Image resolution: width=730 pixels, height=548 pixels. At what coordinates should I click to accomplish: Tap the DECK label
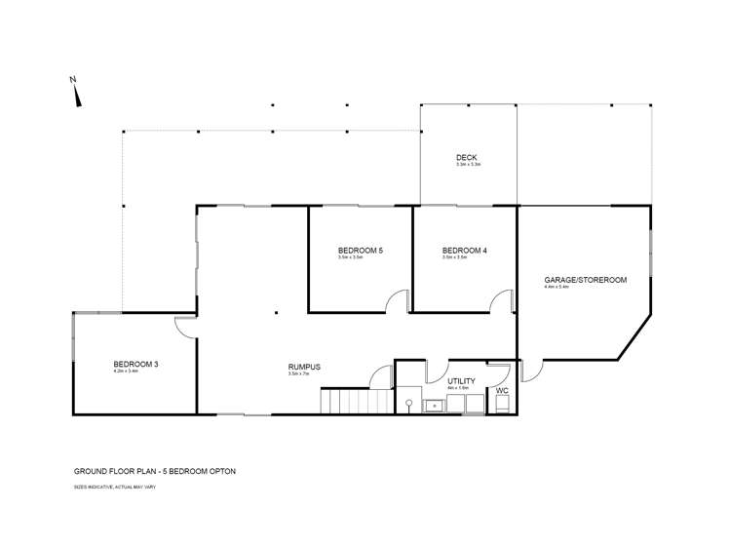467,158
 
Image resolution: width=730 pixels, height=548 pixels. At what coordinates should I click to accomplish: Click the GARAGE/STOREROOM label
585,280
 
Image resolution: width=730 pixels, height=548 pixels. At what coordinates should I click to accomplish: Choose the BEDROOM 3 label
135,364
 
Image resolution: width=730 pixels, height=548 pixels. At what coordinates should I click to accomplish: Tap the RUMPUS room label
304,367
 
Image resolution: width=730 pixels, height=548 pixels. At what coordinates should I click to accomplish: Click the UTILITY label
461,381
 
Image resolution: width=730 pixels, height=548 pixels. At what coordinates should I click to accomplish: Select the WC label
502,390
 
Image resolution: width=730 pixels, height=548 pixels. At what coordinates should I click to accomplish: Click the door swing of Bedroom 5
396,301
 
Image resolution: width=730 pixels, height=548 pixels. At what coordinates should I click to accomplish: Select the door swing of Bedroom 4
501,301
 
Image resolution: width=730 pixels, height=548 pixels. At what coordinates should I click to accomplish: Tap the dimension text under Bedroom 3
126,372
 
